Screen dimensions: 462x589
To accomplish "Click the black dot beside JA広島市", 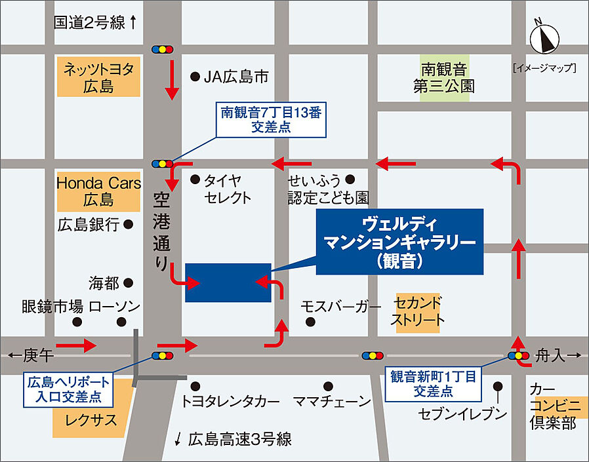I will click(194, 77).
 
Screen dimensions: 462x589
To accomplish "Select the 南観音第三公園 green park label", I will click(444, 76).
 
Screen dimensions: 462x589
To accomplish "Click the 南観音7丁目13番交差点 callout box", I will click(271, 120).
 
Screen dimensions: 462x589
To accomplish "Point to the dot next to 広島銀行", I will click(129, 224).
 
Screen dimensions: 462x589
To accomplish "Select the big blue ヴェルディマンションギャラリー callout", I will click(399, 242).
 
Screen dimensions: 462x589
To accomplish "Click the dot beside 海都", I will click(129, 283).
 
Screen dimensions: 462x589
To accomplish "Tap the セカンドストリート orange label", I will click(418, 312).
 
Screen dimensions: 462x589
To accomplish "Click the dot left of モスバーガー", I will click(310, 322).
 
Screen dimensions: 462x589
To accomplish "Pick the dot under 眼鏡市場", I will click(77, 322).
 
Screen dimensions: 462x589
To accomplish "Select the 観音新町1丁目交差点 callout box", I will click(432, 383).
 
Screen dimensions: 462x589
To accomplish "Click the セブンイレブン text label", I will click(464, 414).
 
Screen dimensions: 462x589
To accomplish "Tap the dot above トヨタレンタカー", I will click(195, 385).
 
